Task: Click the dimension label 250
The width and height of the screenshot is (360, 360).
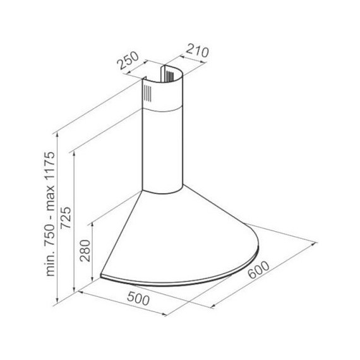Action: point(128,60)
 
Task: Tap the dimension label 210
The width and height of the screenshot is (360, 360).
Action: point(197,51)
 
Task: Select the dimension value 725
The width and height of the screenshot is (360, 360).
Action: point(66,218)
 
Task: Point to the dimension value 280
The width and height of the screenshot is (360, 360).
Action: point(85,251)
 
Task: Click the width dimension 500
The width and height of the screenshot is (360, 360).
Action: point(138,298)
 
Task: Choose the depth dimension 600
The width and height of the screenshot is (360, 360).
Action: point(259,270)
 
